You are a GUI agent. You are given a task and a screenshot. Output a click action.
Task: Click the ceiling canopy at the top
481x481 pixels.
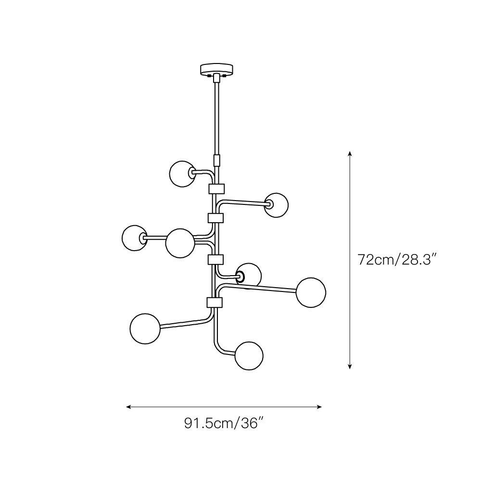point(216,69)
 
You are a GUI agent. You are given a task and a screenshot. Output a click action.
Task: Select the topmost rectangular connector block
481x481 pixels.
point(216,189)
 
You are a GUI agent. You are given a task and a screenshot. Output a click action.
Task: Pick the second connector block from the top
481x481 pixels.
point(215,218)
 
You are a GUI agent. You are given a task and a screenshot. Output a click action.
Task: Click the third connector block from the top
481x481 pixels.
point(215,260)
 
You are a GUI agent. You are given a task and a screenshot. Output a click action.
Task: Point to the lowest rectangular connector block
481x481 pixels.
point(215,303)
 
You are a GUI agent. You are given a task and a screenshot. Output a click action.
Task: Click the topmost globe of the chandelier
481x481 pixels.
point(182,174)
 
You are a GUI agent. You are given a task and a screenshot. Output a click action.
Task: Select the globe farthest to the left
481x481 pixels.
point(134,238)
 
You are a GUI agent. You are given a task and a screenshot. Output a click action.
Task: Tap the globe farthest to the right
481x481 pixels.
point(311,292)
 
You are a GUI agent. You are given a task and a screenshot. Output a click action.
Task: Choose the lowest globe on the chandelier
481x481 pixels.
point(249,355)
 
